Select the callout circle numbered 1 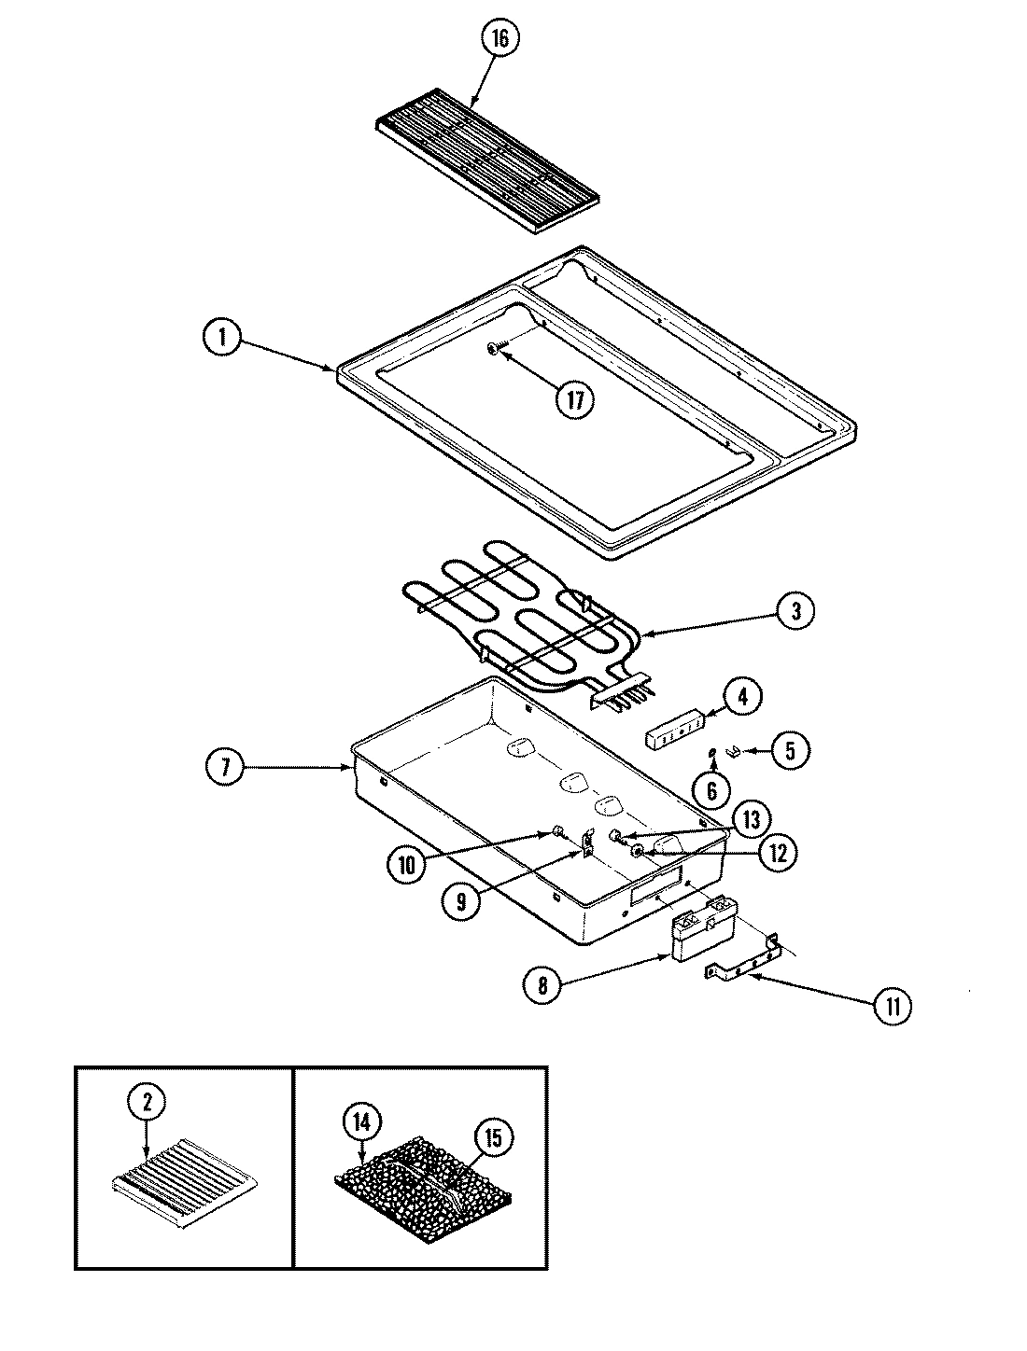[223, 338]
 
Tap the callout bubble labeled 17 [575, 400]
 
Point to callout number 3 [795, 612]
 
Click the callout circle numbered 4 [743, 696]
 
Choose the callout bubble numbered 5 [790, 750]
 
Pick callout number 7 [225, 767]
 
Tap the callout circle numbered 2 [147, 1102]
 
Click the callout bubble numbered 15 [493, 1137]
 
